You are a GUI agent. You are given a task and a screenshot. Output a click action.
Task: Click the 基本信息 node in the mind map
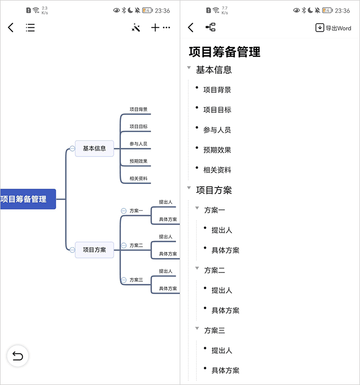[x=94, y=148]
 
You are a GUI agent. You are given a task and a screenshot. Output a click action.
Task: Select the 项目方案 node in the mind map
[x=94, y=250]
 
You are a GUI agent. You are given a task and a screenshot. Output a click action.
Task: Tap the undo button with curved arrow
[x=18, y=356]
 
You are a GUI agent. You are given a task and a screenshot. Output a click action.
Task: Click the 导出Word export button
[x=334, y=28]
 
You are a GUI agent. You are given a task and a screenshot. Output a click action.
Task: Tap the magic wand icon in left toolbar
[x=136, y=28]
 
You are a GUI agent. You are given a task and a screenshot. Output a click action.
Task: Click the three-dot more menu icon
[x=167, y=28]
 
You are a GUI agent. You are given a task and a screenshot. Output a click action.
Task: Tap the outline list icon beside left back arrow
[x=30, y=28]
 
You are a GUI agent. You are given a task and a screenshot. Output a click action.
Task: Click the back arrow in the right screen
[x=191, y=28]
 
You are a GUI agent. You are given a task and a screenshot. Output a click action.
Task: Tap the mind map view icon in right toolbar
[x=210, y=28]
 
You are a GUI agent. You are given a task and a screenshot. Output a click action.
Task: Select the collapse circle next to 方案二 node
[x=124, y=245]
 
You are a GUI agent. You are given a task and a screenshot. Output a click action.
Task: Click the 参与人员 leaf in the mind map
[x=138, y=144]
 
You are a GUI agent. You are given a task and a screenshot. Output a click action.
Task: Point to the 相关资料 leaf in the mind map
[x=138, y=179]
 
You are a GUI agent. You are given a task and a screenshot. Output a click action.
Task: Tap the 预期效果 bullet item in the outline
[x=217, y=150]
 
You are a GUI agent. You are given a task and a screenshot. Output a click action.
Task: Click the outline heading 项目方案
[x=214, y=190]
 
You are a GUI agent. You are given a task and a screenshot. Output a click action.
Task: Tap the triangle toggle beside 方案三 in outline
[x=197, y=328]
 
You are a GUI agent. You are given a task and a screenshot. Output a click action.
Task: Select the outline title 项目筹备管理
[x=225, y=51]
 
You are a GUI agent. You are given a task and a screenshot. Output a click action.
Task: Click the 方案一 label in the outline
[x=215, y=210]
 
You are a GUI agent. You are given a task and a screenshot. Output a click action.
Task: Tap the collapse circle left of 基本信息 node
[x=72, y=148]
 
